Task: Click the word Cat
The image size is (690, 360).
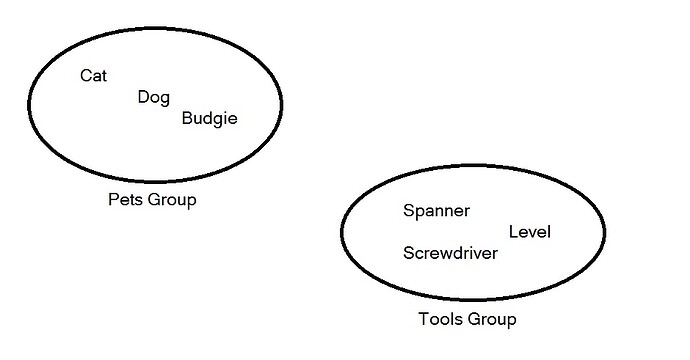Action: click(93, 75)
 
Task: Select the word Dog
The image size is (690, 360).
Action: click(154, 97)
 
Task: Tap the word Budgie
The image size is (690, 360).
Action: click(210, 119)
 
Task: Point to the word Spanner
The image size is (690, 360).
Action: click(436, 211)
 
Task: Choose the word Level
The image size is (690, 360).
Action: click(530, 232)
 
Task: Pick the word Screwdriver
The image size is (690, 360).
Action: click(450, 253)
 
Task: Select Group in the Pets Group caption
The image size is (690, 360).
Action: click(172, 200)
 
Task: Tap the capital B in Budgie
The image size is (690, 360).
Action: click(188, 119)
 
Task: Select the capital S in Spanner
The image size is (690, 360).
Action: click(409, 211)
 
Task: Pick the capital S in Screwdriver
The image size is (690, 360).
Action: click(409, 253)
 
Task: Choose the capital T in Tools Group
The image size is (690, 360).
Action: click(421, 320)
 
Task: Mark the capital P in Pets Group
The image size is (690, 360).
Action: click(113, 200)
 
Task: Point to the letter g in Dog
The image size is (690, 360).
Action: click(165, 99)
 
